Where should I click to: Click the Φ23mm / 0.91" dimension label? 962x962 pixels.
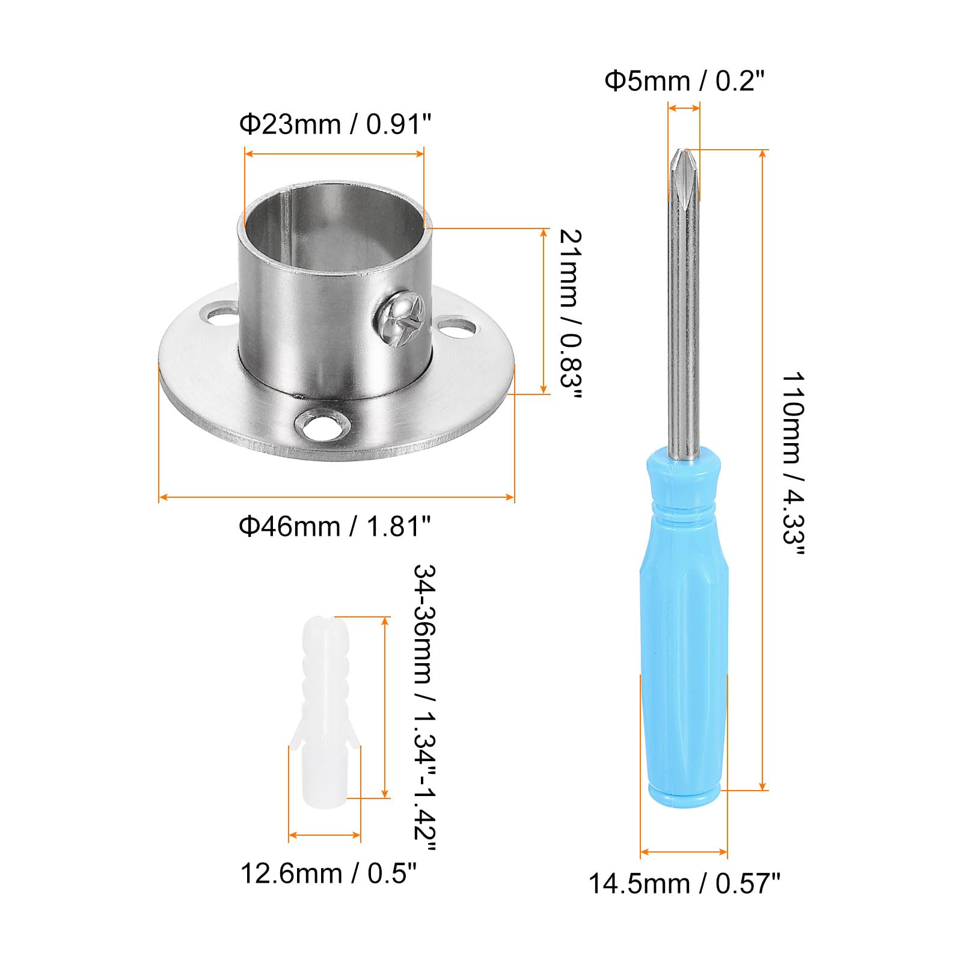(335, 124)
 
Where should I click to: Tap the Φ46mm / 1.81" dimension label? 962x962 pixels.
(335, 526)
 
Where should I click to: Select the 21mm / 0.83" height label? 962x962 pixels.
(570, 316)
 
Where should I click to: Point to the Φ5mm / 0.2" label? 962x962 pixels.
(684, 81)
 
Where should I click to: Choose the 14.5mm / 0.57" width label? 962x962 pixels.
(684, 884)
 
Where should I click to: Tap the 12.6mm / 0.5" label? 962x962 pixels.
(328, 873)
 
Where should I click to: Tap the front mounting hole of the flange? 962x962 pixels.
(323, 426)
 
